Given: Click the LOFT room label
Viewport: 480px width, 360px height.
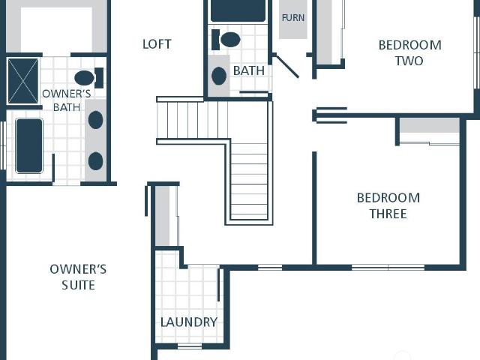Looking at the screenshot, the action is coord(157,44).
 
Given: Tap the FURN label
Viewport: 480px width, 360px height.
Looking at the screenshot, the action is coord(293,18).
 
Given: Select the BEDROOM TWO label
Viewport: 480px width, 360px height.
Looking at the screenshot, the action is coord(410,53).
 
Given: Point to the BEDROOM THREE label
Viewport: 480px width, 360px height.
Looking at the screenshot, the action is coord(388,205).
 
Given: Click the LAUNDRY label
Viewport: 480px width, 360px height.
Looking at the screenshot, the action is coord(189,322).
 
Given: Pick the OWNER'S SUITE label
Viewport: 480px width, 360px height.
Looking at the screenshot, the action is coord(78,277).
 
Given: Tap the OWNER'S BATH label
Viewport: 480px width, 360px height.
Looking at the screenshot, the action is coord(67,100).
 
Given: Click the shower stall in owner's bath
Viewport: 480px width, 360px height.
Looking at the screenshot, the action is coord(23,81).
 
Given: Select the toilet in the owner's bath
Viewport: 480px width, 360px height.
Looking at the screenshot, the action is coord(88,78).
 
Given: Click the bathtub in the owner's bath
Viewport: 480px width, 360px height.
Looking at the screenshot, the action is coord(29,145).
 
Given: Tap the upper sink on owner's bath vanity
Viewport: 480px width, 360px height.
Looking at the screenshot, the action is coord(95,120).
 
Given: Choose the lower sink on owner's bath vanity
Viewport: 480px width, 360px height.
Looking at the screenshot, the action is coord(95,161).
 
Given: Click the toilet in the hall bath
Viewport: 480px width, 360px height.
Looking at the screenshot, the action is coord(226,40).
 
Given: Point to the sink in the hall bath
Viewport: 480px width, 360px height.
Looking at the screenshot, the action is coord(219,76).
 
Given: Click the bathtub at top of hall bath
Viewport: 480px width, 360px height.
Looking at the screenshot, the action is coord(238,10).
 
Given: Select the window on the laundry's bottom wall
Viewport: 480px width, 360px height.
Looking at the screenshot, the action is coord(190,346).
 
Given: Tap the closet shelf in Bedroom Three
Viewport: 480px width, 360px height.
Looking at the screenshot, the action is coord(430,125).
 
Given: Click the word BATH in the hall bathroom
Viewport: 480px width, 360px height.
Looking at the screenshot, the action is coord(249,70).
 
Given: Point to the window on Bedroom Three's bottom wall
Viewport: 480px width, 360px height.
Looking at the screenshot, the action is coord(388,268).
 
